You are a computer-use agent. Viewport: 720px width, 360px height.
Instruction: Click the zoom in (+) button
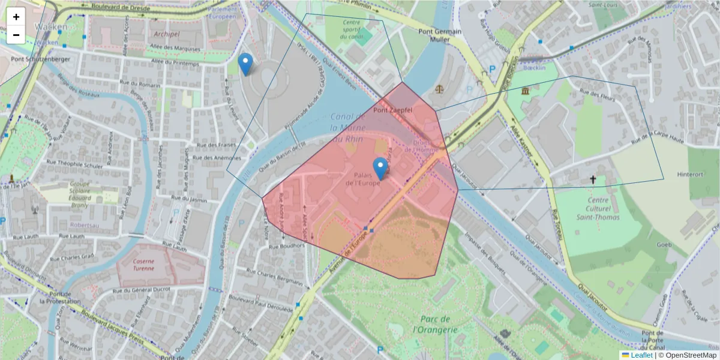click(x=16, y=17)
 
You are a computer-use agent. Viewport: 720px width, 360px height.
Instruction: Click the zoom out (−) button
click(x=16, y=35)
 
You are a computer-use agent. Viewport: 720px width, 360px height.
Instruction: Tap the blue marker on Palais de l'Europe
click(x=380, y=169)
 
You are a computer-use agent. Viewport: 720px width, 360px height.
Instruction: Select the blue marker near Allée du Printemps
click(x=245, y=64)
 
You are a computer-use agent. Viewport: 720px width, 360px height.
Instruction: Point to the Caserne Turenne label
click(x=143, y=265)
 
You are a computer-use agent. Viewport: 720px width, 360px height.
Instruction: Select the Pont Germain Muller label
click(x=440, y=35)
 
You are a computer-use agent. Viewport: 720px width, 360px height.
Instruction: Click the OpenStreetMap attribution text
click(x=690, y=355)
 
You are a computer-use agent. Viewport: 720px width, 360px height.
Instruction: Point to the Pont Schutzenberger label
click(x=40, y=59)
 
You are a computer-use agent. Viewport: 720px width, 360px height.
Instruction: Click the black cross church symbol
click(x=593, y=179)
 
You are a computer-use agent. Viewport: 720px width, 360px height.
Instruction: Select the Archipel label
click(x=166, y=34)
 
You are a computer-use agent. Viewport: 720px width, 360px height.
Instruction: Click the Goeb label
click(x=664, y=245)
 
